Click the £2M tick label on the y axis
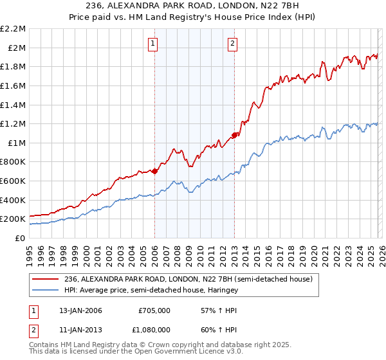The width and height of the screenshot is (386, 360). point(16,48)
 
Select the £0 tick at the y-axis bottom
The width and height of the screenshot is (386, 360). point(20,238)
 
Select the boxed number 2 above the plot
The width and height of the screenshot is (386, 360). point(232,44)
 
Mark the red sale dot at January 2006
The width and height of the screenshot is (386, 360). point(155,171)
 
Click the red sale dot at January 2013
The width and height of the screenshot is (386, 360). point(235,135)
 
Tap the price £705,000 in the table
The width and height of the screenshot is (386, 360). point(154,310)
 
